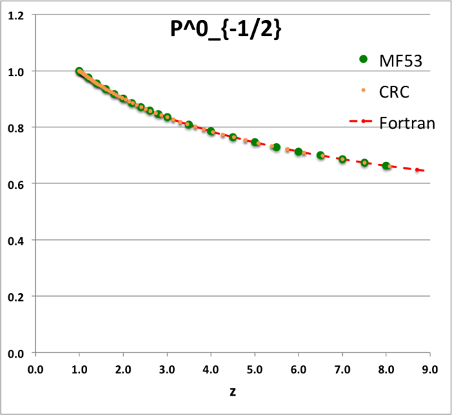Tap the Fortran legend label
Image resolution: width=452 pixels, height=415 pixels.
click(407, 123)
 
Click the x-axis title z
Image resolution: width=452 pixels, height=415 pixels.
click(233, 391)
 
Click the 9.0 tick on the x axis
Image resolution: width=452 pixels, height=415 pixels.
click(429, 369)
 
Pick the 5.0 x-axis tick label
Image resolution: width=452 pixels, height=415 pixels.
click(254, 369)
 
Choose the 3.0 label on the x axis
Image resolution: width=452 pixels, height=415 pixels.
click(167, 369)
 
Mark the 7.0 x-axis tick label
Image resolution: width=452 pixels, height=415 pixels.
click(342, 369)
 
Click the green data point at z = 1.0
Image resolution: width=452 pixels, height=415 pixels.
click(79, 71)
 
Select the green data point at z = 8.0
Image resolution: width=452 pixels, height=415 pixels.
click(386, 166)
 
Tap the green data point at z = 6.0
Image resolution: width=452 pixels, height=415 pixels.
click(299, 151)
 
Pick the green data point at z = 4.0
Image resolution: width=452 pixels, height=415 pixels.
click(211, 131)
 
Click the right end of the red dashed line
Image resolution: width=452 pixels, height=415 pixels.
click(422, 171)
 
